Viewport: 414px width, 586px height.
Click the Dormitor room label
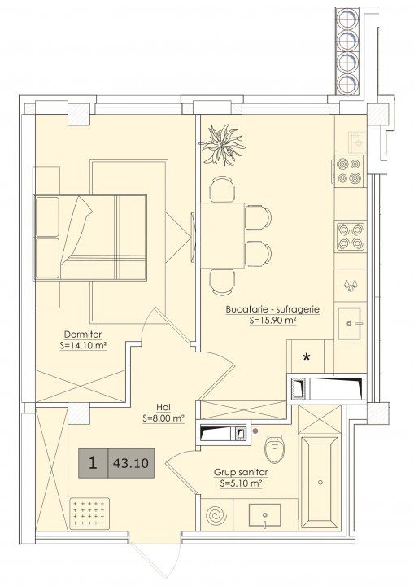tap(83, 335)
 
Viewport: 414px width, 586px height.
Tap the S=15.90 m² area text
tap(272, 321)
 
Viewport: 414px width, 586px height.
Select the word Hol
tap(163, 408)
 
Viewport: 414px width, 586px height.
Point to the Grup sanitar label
tap(241, 472)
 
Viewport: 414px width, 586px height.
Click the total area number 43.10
tap(131, 463)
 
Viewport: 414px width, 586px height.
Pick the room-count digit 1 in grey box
tap(93, 463)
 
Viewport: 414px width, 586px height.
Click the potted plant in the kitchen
tap(222, 145)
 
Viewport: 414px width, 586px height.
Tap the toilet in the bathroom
tap(275, 447)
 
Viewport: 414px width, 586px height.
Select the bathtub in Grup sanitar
tap(320, 483)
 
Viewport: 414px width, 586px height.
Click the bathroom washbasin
tap(264, 516)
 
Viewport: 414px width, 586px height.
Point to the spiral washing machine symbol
tap(216, 515)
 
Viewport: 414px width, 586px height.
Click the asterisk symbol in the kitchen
tap(307, 356)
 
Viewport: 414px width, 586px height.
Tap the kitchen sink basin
tap(350, 323)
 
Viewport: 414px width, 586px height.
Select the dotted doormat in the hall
tap(89, 513)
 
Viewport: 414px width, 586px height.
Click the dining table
tap(223, 235)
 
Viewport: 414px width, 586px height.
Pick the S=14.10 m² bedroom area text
tap(83, 346)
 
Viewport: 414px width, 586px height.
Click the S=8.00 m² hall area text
tap(163, 419)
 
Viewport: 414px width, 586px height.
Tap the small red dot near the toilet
tap(255, 431)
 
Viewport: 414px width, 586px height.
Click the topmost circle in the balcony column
tap(347, 18)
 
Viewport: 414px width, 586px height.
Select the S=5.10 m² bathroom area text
tap(241, 483)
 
